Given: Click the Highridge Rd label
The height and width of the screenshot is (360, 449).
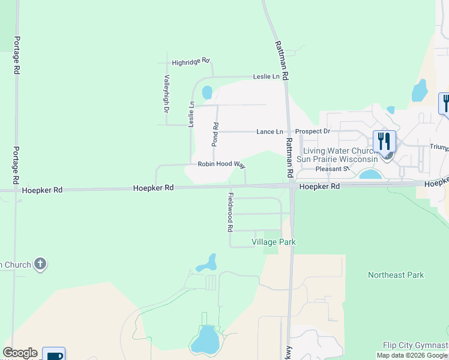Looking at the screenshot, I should click(190, 61).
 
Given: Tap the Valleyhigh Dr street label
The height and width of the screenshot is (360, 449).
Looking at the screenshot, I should click(167, 94).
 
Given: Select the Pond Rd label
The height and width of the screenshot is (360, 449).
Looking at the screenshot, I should click(215, 133).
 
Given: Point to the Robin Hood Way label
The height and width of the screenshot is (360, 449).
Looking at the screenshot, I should click(222, 164).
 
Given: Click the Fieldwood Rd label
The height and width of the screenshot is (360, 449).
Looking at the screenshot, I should click(230, 212).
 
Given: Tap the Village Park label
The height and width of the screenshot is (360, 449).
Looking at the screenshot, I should click(273, 242).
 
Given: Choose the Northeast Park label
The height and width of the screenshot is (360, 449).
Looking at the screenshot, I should click(396, 275).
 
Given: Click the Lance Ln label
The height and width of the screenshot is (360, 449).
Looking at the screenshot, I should click(270, 131).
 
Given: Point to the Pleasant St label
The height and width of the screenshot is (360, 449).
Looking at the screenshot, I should click(333, 169).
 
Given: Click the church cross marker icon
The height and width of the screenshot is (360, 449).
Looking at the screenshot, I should click(40, 264).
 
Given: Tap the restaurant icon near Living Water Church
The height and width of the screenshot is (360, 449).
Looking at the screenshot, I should click(384, 142).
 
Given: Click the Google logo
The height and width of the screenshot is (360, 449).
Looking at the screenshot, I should click(20, 353).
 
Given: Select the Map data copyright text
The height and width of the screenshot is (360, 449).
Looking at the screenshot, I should click(412, 355).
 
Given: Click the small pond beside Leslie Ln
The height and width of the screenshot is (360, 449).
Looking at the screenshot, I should click(207, 92).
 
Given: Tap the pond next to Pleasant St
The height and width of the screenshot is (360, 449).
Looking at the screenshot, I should click(370, 175).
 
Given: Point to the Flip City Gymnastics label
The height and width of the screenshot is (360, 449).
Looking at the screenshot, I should click(416, 345).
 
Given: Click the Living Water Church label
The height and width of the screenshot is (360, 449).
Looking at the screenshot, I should click(340, 155).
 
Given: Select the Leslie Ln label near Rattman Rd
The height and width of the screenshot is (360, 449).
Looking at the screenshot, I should click(267, 76).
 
